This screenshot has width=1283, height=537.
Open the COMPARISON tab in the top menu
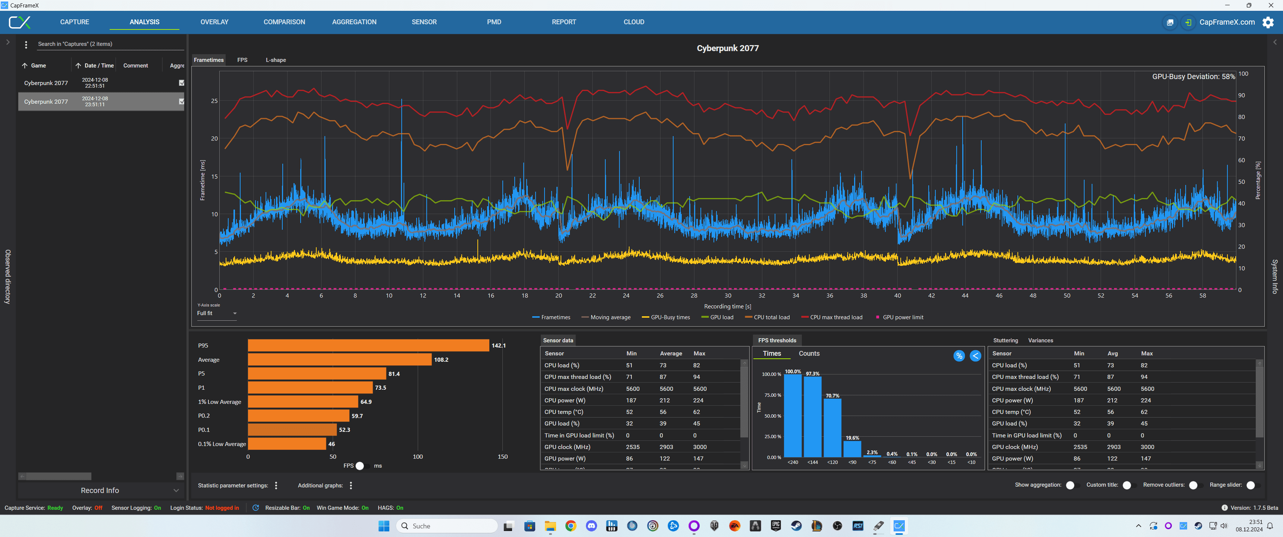pos(284,22)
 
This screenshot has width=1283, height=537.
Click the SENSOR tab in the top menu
pos(424,22)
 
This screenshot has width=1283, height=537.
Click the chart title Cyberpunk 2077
pos(727,48)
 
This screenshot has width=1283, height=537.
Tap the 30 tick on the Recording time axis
pos(728,296)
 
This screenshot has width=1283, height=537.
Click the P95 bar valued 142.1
pos(368,345)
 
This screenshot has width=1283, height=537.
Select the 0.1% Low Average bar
pos(287,444)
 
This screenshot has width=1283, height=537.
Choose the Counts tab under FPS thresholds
pos(809,354)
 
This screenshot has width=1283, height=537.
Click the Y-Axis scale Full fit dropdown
pos(217,313)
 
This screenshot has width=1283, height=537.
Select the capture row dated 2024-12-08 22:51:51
pos(95,83)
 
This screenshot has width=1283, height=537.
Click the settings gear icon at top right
pos(1268,22)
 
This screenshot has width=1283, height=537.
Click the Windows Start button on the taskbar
pos(383,526)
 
